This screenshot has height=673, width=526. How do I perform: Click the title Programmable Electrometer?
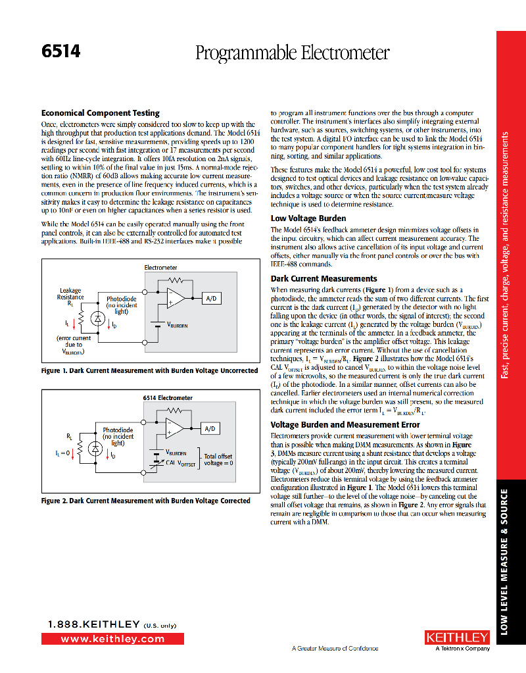click(x=293, y=53)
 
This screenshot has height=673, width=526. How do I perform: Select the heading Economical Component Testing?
click(x=101, y=113)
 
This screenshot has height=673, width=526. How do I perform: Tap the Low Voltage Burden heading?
click(x=308, y=218)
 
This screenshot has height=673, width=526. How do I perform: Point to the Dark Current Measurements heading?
click(x=324, y=279)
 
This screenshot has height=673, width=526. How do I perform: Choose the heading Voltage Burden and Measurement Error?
click(x=345, y=425)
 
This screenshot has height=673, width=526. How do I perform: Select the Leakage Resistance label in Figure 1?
click(x=70, y=293)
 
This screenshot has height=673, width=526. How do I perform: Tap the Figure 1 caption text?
click(x=149, y=371)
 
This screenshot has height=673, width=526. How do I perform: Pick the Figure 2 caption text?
click(x=145, y=501)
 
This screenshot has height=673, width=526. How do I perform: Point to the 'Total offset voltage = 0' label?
click(x=219, y=459)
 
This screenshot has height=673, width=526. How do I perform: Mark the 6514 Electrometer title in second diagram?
click(x=168, y=398)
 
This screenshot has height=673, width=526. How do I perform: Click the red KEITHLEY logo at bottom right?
click(x=458, y=637)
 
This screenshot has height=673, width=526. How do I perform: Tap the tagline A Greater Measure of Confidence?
click(x=335, y=649)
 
